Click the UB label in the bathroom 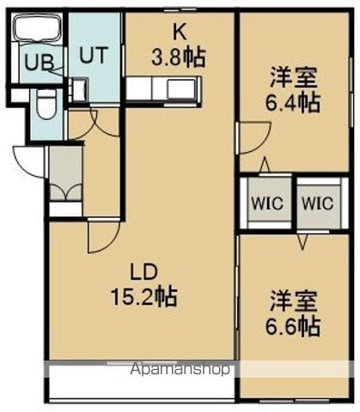point(40,63)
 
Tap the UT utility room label point(94,55)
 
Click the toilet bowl point(46,106)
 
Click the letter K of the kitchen point(180,33)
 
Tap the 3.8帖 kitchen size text point(179,58)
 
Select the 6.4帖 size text point(292,103)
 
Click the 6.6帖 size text point(292,326)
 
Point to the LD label point(143,272)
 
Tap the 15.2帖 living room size point(143,297)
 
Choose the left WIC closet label point(267,203)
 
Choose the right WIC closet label point(318,203)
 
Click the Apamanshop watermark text point(180,369)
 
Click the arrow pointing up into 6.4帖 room point(265,165)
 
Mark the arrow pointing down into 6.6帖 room point(302,241)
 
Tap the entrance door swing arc point(23,166)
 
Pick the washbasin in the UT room point(78,89)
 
